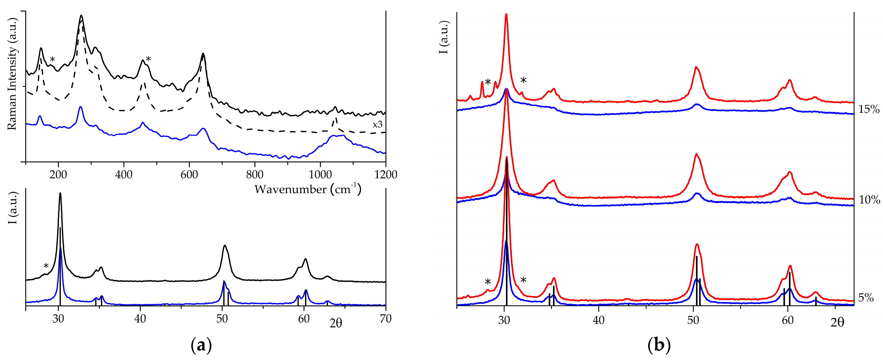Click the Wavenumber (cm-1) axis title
click(x=308, y=189)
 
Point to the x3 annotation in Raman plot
click(x=377, y=125)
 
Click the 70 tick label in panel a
click(x=386, y=319)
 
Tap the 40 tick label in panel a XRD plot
click(x=140, y=319)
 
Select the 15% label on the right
click(x=869, y=109)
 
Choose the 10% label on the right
click(x=869, y=200)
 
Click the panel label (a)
click(x=201, y=345)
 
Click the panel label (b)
click(x=659, y=345)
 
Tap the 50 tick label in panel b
click(x=693, y=321)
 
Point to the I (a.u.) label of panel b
click(x=444, y=37)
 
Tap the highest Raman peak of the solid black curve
click(x=81, y=16)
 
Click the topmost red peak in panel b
click(x=506, y=14)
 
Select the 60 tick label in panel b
click(x=788, y=321)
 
